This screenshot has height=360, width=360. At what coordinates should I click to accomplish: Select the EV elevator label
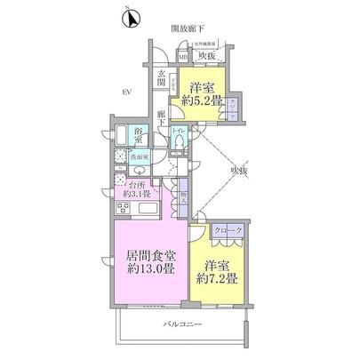pos(127,92)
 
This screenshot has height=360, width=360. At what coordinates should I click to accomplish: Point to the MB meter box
pos(182,59)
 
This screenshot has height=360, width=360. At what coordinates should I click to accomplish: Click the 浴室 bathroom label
pos(140,136)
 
